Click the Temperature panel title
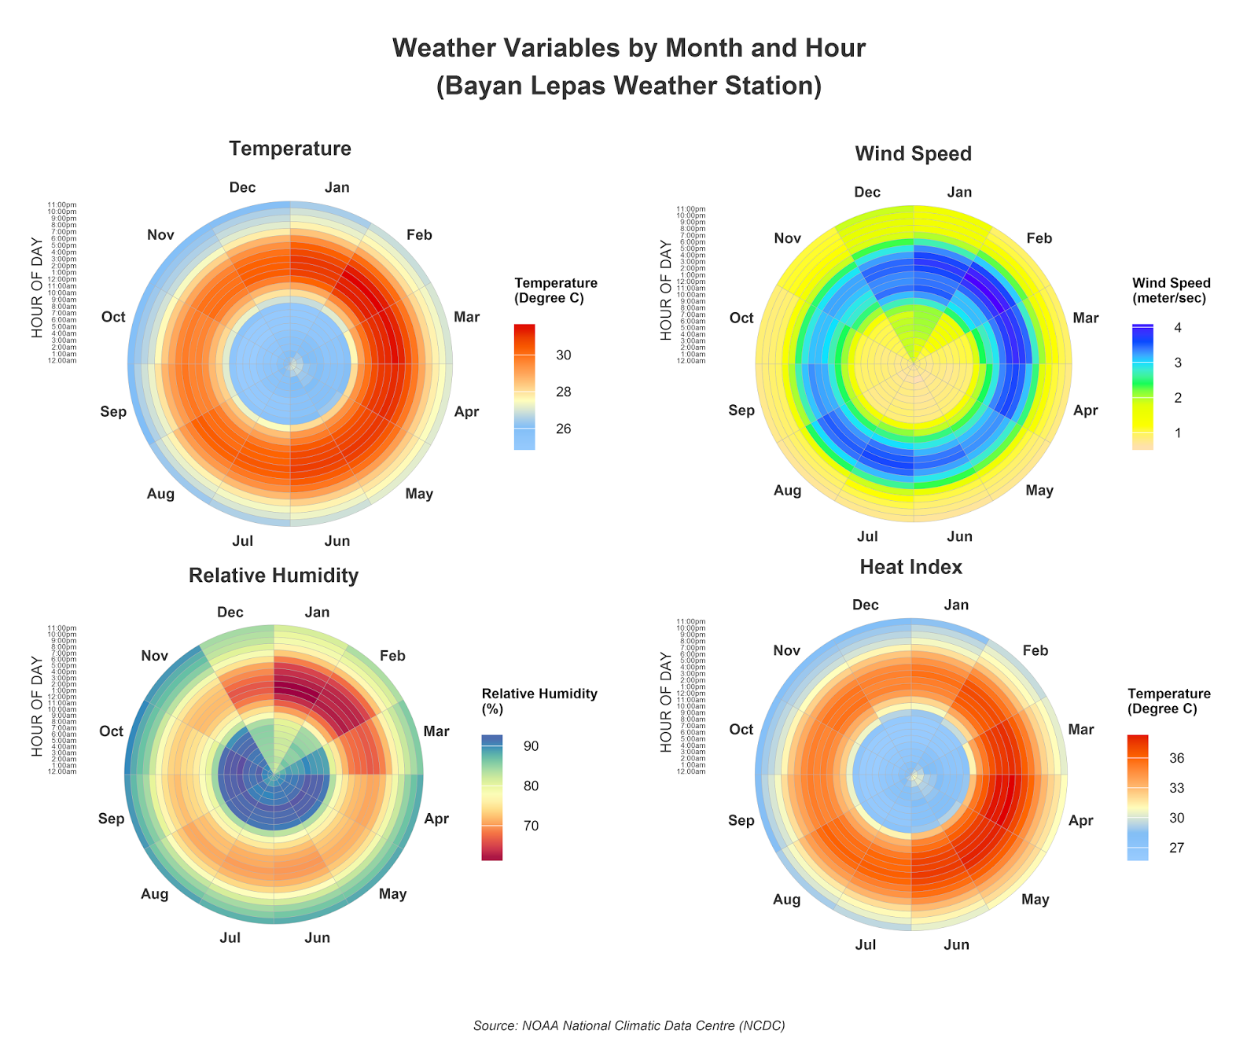289,149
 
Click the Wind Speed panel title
913,153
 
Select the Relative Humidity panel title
274,576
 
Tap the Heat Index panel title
910,567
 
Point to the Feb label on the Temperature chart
419,235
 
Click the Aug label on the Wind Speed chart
787,491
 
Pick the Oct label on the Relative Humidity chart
111,731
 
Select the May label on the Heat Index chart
1035,900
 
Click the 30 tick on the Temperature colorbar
563,355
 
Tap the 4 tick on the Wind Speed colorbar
1178,328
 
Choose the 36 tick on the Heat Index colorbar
1176,759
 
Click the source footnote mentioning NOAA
629,1025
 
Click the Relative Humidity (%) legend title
539,701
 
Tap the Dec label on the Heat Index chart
865,605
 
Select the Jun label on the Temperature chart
337,541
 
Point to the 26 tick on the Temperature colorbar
563,429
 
